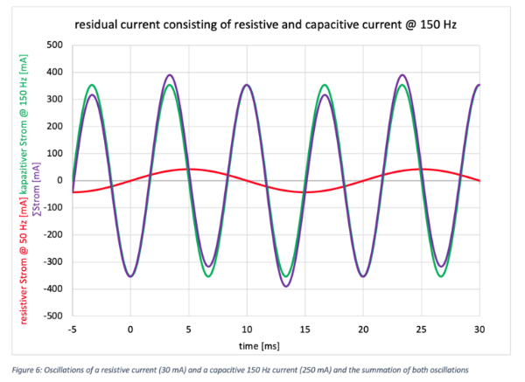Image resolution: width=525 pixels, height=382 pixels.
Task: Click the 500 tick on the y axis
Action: tap(57, 45)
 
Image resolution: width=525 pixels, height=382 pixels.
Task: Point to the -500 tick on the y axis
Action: tap(54, 316)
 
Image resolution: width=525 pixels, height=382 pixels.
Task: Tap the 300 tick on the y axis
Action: tap(57, 99)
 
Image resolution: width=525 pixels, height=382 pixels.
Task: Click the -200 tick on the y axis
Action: tap(54, 234)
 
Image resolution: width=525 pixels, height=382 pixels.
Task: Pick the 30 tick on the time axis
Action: tap(479, 329)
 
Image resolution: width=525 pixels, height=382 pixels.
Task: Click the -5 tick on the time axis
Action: tap(73, 329)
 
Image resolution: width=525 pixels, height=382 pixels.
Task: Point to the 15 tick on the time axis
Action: tap(304, 329)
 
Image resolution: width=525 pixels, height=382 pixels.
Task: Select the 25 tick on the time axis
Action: tap(421, 329)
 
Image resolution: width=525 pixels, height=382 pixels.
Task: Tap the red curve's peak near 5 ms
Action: tap(188, 169)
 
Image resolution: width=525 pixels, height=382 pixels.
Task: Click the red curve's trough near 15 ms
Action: tap(304, 191)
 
